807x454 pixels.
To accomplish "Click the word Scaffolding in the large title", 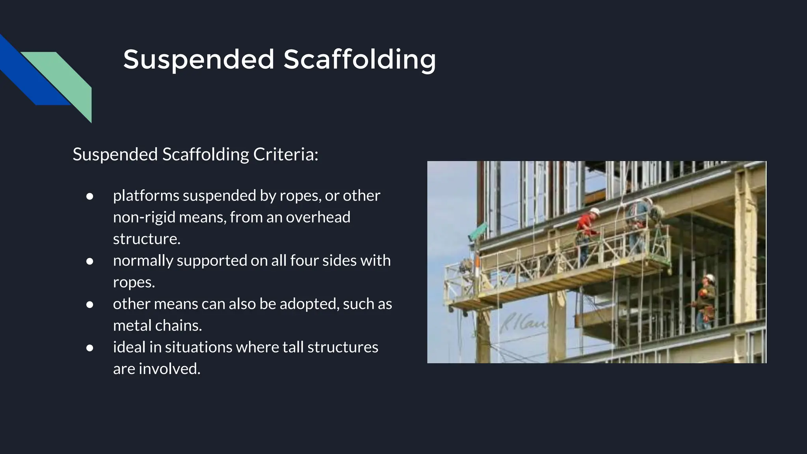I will (359, 60).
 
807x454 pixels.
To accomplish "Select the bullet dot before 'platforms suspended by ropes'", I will (90, 196).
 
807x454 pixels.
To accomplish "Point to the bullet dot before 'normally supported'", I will (90, 261).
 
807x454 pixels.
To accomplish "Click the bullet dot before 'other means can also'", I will (90, 305).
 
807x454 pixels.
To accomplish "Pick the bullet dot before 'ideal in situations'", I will (90, 348).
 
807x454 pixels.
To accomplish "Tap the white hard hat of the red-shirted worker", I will (594, 212).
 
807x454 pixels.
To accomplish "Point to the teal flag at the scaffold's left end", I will (479, 231).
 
